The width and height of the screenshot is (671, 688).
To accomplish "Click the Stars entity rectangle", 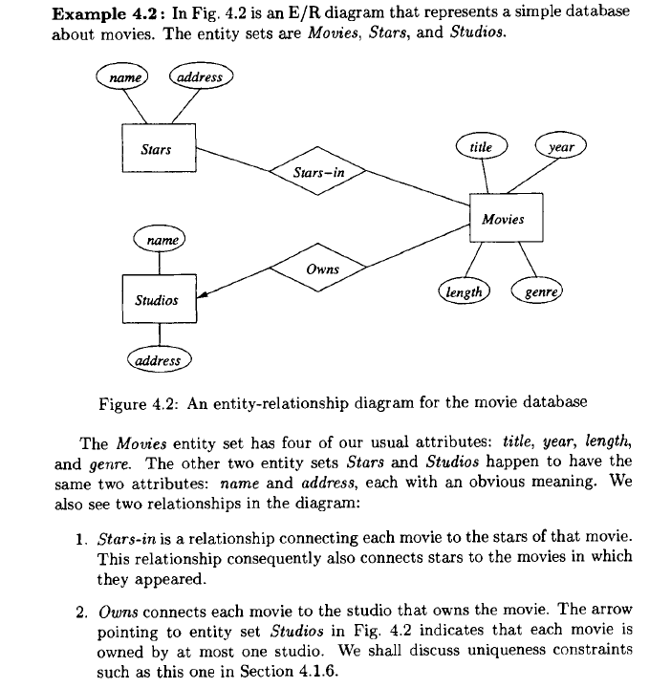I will (157, 150).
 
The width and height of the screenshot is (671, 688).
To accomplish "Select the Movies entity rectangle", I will (505, 220).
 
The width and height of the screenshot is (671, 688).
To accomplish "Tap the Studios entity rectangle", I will (159, 299).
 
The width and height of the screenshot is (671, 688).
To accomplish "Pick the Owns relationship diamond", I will (324, 269).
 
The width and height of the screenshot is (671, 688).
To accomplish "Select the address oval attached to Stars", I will (201, 77).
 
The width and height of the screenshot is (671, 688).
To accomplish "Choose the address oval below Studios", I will (159, 360).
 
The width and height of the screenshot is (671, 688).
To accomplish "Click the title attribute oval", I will (482, 147).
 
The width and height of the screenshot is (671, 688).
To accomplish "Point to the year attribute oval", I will (561, 147).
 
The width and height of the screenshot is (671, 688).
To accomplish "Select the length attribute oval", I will (463, 291).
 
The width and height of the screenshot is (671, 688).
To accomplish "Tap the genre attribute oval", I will (539, 291).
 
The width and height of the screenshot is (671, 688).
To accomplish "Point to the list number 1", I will (83, 541).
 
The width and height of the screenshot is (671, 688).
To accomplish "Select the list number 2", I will (83, 609).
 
